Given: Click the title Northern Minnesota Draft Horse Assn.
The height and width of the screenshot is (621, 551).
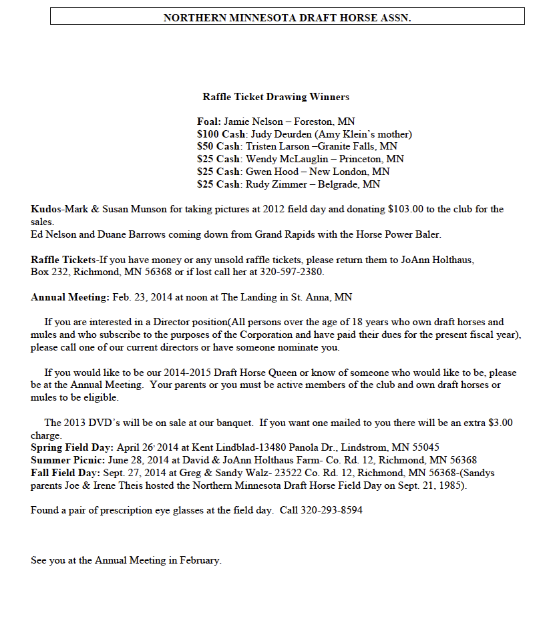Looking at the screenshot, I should [287, 17].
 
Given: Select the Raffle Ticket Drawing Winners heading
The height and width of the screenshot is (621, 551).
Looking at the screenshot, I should [276, 97].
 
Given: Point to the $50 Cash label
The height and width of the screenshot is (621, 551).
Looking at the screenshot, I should [218, 146].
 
